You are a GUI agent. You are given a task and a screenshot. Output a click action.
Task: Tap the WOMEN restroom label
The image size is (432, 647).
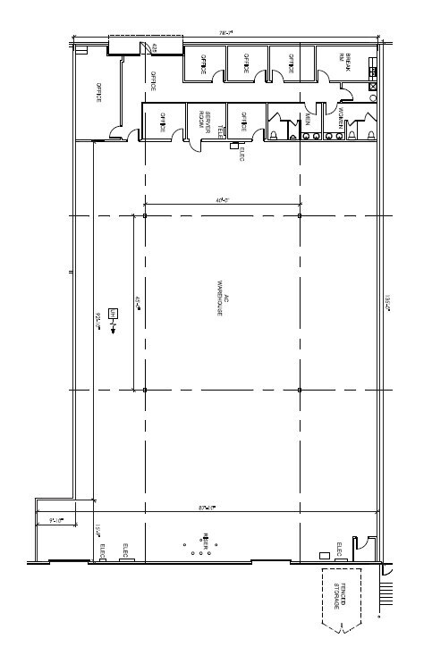[x=341, y=118]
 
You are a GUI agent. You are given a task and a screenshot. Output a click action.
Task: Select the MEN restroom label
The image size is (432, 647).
[x=307, y=117]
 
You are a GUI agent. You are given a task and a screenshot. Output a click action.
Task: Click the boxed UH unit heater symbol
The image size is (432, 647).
[x=114, y=313]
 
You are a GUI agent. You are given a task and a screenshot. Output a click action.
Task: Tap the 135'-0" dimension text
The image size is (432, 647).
[x=387, y=304]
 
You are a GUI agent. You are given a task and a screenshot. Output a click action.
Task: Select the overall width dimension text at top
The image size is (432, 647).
[x=226, y=33]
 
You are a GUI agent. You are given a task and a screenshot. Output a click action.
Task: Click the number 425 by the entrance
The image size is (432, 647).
[x=155, y=46]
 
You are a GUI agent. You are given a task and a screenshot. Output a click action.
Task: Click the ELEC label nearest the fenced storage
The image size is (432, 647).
[x=338, y=547]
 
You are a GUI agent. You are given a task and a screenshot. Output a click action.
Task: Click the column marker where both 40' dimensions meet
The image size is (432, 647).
[x=144, y=215]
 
